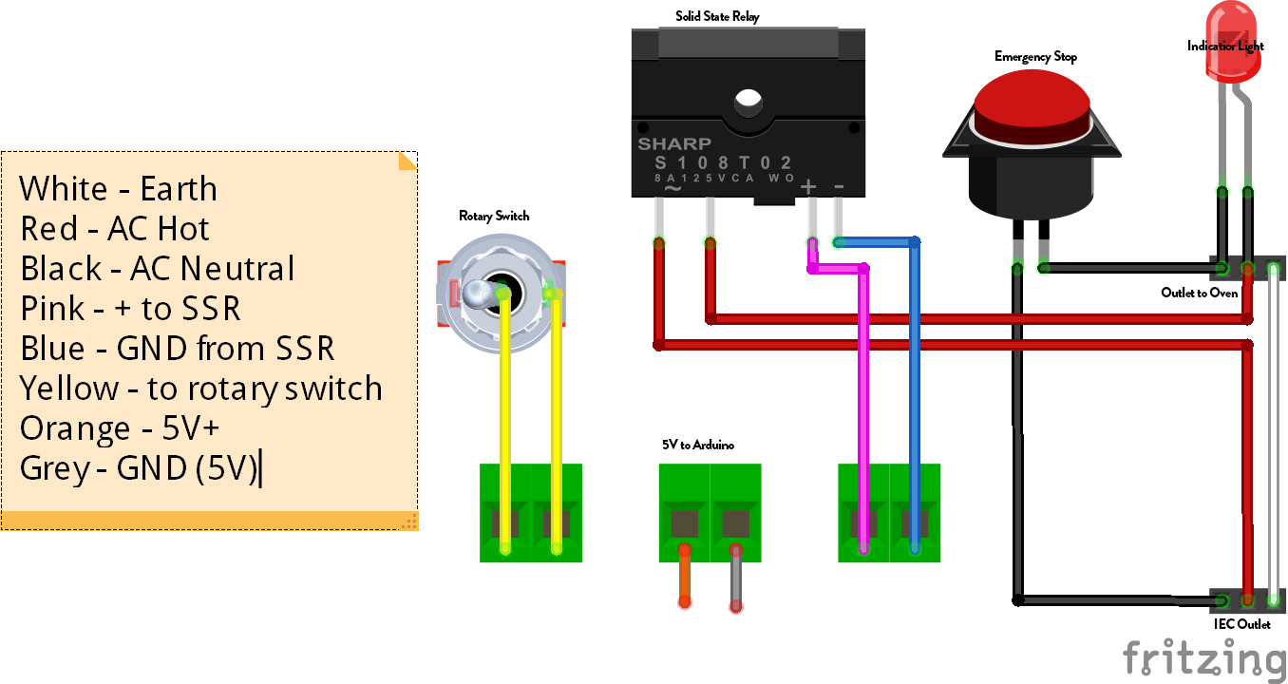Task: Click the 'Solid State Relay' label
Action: pyautogui.click(x=717, y=16)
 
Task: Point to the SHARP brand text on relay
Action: pyautogui.click(x=673, y=144)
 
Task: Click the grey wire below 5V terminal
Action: pyautogui.click(x=735, y=578)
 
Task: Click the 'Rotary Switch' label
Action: pyautogui.click(x=494, y=217)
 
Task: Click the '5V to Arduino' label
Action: pyautogui.click(x=698, y=445)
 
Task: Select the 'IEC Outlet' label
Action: pyautogui.click(x=1242, y=624)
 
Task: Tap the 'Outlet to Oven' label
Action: pyautogui.click(x=1199, y=293)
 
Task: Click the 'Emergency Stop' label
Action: pyautogui.click(x=1035, y=57)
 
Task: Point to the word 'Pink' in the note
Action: pyautogui.click(x=52, y=309)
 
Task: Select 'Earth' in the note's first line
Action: pyautogui.click(x=179, y=189)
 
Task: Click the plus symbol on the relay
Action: pyautogui.click(x=808, y=187)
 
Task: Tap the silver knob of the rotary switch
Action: pyautogui.click(x=478, y=294)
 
